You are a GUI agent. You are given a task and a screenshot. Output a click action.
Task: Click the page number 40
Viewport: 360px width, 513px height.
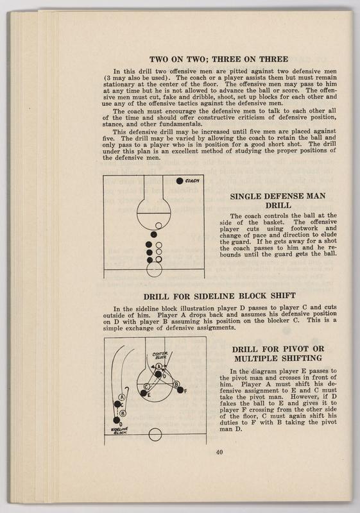219,452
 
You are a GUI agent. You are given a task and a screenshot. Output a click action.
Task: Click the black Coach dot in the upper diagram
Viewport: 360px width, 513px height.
179,181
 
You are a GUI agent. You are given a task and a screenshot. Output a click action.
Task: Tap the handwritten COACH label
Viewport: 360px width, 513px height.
192,181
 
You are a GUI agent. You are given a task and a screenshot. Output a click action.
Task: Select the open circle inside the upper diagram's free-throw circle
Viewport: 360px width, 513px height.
159,226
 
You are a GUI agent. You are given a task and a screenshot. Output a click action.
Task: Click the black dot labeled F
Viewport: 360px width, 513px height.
180,390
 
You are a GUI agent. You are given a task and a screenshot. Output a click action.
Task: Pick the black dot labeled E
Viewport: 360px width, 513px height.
143,393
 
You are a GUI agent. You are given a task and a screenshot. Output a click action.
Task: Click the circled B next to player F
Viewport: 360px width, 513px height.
176,384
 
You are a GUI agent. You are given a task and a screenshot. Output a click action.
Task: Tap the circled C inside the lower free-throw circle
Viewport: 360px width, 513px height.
146,387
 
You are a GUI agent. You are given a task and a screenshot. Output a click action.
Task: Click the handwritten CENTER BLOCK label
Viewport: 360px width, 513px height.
160,356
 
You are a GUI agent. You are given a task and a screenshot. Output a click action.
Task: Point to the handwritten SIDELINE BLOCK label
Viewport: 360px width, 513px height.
119,430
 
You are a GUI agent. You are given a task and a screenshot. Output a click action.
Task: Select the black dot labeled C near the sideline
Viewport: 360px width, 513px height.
117,404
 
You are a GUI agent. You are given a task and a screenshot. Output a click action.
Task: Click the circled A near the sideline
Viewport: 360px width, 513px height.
122,397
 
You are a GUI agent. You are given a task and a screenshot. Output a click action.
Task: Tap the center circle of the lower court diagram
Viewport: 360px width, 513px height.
155,435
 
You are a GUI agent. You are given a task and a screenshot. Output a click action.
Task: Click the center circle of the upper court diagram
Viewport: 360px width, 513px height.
155,269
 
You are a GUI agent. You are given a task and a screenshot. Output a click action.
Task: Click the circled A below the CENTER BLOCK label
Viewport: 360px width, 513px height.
159,366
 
